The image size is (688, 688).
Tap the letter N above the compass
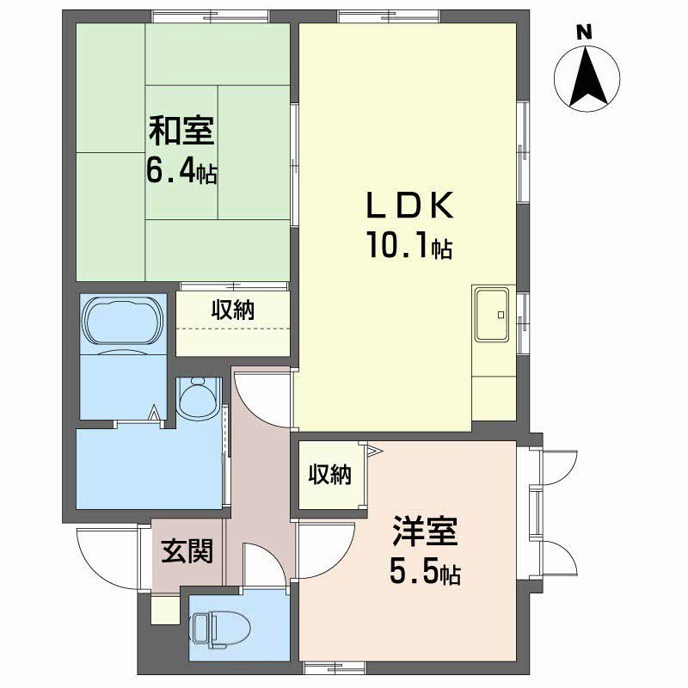585,33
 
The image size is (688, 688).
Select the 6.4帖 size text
181,172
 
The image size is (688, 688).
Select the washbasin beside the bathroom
199,397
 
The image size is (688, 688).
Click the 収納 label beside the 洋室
330,475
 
